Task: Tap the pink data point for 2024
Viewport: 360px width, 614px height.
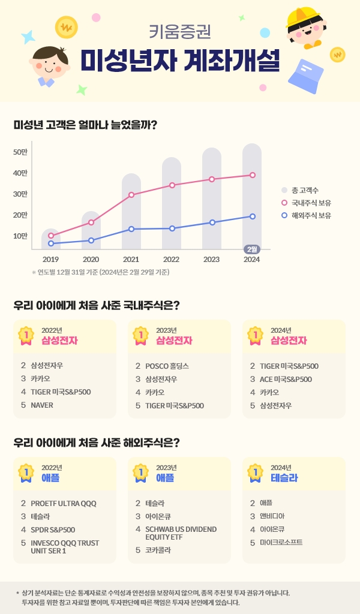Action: click(253, 175)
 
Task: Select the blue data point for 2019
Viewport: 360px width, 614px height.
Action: click(51, 243)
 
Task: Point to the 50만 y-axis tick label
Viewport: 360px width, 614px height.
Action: click(20, 152)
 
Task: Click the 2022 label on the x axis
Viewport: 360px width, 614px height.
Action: click(171, 260)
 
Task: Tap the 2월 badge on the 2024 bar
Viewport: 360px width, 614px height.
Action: click(252, 249)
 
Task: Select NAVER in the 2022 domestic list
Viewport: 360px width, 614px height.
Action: click(42, 405)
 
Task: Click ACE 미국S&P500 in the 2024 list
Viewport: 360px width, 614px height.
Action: click(286, 379)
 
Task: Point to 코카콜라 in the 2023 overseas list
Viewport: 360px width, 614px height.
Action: click(158, 549)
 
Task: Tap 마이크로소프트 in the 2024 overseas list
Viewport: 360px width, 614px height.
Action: click(281, 542)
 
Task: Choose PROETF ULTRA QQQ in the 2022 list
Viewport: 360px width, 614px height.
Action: click(63, 503)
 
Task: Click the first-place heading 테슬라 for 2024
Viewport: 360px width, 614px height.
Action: click(284, 478)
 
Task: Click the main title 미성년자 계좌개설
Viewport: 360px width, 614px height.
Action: click(180, 58)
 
